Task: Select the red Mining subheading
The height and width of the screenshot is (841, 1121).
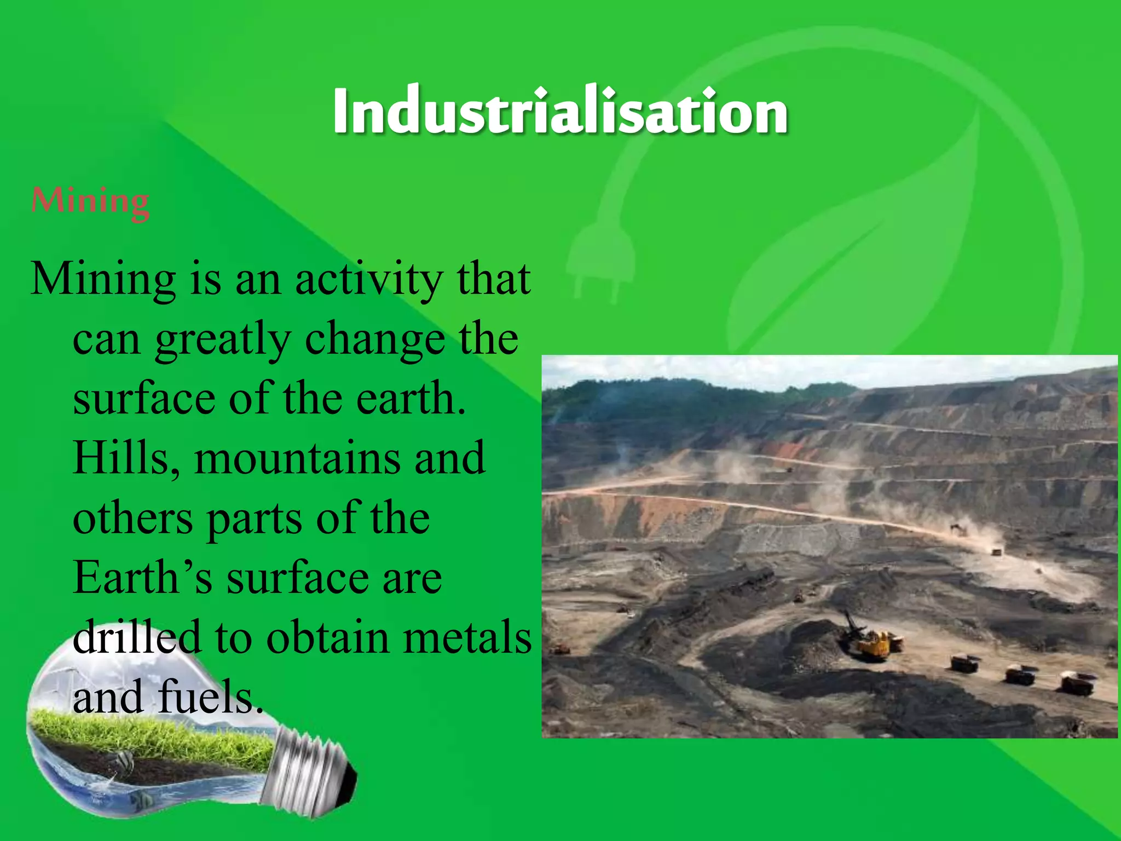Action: click(x=90, y=201)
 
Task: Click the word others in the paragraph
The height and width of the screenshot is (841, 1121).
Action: click(x=132, y=519)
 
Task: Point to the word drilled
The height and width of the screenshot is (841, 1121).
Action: click(x=136, y=638)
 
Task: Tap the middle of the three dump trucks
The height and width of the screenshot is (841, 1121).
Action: click(x=1019, y=675)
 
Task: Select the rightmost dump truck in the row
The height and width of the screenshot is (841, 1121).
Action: click(x=1077, y=683)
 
